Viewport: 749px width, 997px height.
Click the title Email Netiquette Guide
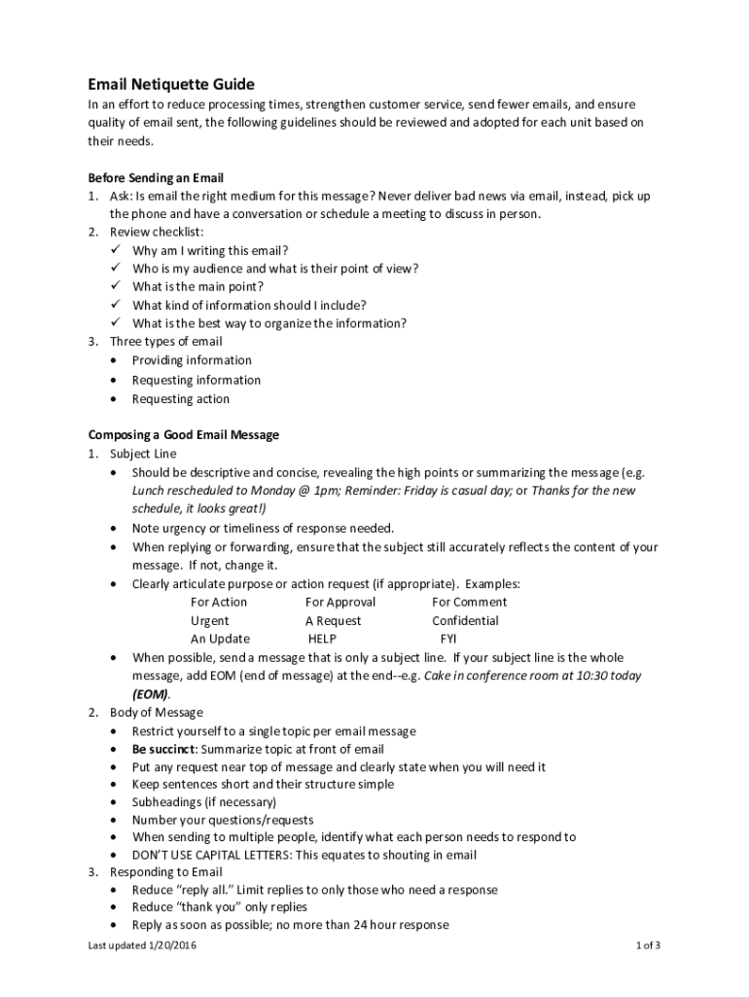(171, 85)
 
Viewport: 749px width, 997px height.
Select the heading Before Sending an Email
(156, 178)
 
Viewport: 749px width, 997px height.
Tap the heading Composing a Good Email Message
(183, 435)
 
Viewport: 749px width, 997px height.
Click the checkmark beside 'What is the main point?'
(114, 287)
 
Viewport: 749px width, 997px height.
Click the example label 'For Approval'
(339, 602)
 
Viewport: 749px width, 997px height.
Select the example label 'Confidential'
(465, 620)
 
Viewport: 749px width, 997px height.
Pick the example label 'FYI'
(448, 639)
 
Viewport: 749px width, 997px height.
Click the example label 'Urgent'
(210, 620)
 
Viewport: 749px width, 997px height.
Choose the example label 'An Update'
(220, 639)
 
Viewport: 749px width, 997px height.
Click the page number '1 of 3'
(648, 944)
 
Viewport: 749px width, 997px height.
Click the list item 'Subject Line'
(143, 454)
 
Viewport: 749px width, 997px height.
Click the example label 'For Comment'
(469, 602)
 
